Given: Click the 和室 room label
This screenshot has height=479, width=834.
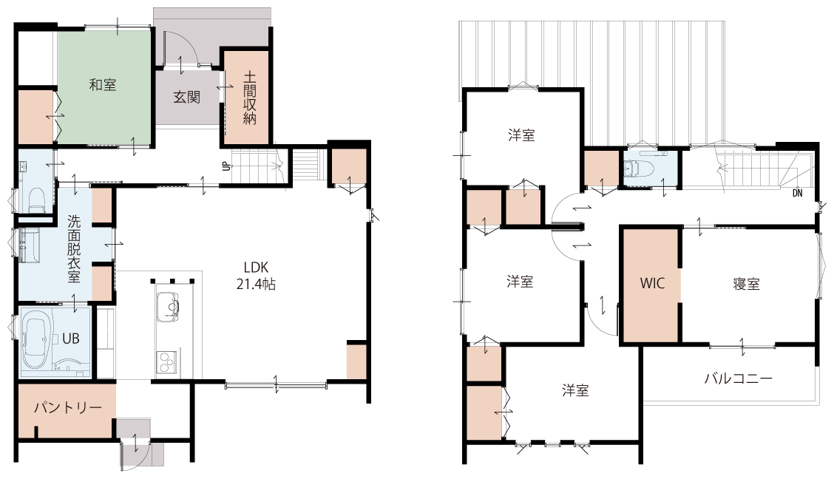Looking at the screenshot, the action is [103, 84].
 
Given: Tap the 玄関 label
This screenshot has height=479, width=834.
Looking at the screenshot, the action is [187, 97].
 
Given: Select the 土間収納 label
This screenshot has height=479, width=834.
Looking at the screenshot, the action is [249, 98].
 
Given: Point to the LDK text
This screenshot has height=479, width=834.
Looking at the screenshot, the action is [257, 267].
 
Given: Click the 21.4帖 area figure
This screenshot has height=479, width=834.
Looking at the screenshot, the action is [257, 285].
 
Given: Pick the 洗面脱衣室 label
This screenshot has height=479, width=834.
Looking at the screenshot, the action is [74, 248].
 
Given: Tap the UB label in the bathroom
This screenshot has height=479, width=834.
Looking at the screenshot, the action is [71, 338].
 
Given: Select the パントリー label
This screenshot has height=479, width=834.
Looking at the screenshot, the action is [68, 408].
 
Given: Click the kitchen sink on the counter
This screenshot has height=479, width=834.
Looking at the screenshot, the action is [169, 308].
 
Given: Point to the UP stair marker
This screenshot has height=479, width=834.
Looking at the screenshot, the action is [226, 166].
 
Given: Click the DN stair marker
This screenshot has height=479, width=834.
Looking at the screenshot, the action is [797, 194].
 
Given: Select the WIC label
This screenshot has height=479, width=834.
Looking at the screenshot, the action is [652, 283].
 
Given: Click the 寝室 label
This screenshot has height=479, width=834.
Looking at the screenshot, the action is [746, 284].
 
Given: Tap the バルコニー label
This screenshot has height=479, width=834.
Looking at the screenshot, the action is [739, 378].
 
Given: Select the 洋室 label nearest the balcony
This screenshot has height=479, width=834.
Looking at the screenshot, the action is [575, 391].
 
